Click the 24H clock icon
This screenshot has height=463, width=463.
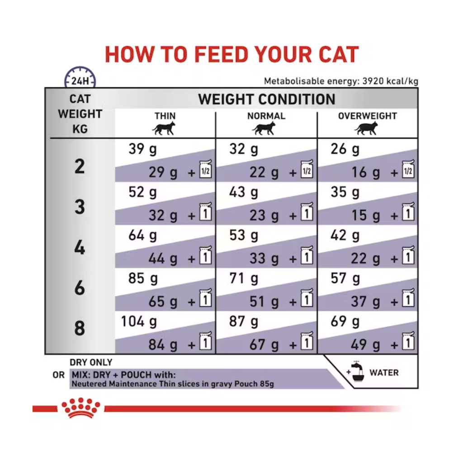tap(80, 77)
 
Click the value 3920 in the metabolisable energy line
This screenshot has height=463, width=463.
tap(373, 81)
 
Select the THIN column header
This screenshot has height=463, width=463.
tap(165, 116)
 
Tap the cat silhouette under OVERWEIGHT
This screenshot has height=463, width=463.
tap(366, 128)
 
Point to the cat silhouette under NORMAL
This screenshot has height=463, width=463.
tap(265, 128)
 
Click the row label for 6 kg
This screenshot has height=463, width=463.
tap(80, 288)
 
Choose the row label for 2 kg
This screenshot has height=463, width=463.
tap(80, 166)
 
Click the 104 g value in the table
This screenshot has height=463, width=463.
tap(139, 321)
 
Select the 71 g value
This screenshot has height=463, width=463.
tap(244, 279)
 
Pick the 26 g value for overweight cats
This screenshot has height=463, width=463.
tap(345, 149)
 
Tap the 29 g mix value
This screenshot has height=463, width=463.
tap(163, 172)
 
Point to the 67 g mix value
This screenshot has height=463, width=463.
tap(264, 345)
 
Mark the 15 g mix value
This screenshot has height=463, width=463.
tap(365, 216)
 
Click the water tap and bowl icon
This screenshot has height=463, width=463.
tap(356, 371)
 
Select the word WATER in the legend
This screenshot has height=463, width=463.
tap(384, 373)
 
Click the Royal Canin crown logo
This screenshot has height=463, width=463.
tap(81, 408)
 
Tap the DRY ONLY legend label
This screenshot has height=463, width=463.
tap(91, 362)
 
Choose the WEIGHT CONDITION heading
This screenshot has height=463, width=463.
tap(267, 99)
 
